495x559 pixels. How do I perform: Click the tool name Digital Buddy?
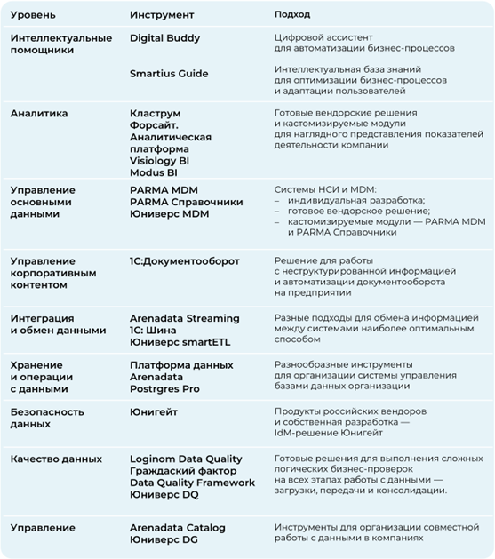165,38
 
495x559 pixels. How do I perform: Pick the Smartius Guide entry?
170,75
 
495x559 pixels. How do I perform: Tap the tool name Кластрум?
155,114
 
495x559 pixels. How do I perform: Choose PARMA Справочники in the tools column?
186,202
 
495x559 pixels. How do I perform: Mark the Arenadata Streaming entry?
185,318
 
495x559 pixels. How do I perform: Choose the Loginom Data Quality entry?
188,458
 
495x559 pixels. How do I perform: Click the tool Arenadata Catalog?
178,528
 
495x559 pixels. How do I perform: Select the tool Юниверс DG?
164,539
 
